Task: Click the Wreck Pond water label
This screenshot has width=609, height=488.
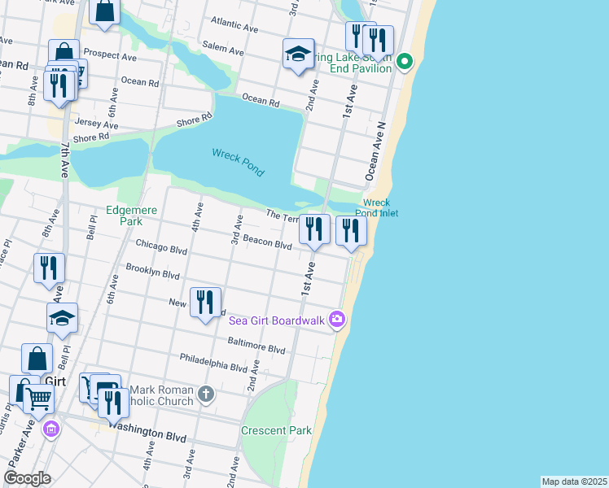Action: [x=238, y=160]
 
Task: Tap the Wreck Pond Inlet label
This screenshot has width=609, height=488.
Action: [x=376, y=207]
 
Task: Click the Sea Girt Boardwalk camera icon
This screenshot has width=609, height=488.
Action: [x=338, y=320]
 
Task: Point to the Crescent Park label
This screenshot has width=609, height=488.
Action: [x=276, y=430]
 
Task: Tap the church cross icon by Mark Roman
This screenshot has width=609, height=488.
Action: [x=207, y=394]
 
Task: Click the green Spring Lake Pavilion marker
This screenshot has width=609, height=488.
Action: [x=405, y=62]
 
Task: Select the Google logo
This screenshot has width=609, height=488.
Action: [x=26, y=477]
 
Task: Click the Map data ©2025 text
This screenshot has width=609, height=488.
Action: [x=574, y=481]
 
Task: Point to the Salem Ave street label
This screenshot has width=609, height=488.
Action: [x=224, y=50]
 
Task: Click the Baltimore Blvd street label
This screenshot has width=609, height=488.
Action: [x=256, y=346]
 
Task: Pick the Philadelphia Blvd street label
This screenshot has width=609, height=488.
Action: [x=213, y=362]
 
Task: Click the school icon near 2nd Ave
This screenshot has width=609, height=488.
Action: [x=299, y=54]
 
